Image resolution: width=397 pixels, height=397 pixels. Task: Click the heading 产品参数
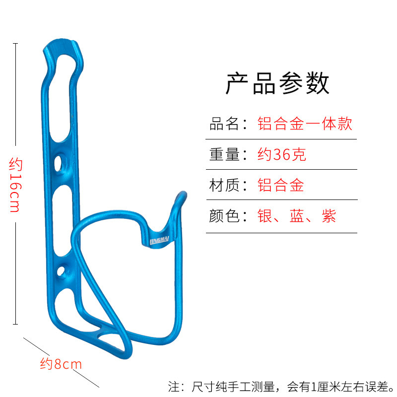pos(277,83)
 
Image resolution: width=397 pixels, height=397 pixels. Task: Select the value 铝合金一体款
pos(305,124)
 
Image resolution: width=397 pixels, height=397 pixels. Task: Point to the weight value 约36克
pos(281,155)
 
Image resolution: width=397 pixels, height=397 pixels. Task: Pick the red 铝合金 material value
pos(280,186)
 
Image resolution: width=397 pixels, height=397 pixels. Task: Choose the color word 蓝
pos(297,216)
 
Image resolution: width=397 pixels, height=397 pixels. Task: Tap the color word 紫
pos(329,216)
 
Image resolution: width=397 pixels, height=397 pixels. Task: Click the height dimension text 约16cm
pos(15,185)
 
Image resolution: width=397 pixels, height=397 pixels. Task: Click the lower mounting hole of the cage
pos(62,270)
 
